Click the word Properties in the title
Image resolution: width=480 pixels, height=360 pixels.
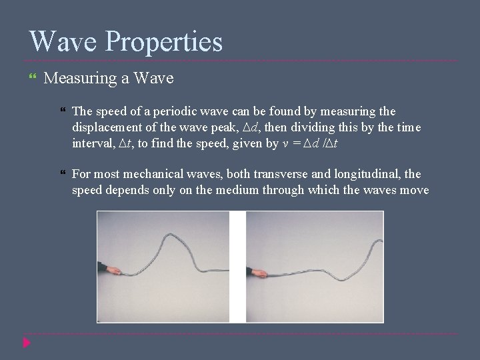click(x=164, y=43)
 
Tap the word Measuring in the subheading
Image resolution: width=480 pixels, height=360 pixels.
click(x=81, y=79)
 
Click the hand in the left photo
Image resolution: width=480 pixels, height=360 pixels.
click(x=112, y=270)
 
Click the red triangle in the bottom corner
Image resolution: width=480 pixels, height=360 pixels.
click(x=26, y=343)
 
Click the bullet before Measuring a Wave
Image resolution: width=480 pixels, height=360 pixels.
click(x=33, y=79)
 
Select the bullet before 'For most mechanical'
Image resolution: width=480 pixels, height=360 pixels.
click(x=63, y=175)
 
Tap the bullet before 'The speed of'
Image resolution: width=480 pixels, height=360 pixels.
click(x=63, y=112)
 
